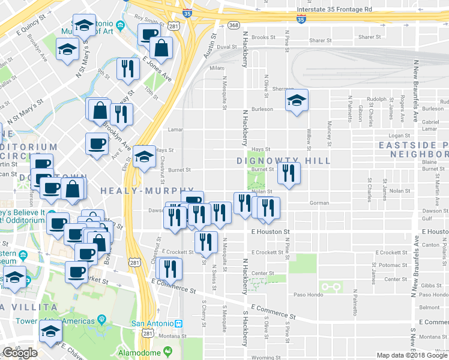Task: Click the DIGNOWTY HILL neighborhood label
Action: [x=283, y=161]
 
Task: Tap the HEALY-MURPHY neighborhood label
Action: [x=139, y=190]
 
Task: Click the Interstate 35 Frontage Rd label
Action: [x=335, y=10]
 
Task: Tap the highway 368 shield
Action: [x=234, y=25]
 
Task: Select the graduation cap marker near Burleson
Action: [x=297, y=101]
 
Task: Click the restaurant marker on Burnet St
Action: [x=289, y=174]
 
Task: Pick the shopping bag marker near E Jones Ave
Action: [x=161, y=48]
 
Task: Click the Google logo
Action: [x=20, y=353]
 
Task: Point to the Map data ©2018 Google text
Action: [x=411, y=355]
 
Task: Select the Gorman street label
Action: [x=319, y=203]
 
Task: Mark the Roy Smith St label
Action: [x=149, y=19]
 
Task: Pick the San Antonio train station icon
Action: [x=178, y=323]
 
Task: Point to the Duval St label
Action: [x=227, y=46]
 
